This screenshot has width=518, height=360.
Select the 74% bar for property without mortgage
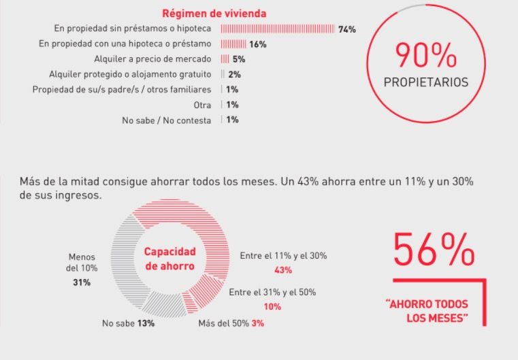pos(277,29)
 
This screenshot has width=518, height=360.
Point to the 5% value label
pos(238,59)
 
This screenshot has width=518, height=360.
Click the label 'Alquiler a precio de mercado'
pos(156,59)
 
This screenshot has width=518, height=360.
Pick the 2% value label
pos(235,74)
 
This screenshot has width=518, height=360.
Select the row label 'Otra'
pos(203,105)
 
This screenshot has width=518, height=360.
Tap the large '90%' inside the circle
pos(426,54)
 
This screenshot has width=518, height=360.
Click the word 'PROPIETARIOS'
pos(426,83)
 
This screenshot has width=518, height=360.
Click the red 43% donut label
pos(284,270)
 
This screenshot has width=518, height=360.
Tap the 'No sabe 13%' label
pos(128,323)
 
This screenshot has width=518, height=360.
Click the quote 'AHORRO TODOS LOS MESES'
pos(426,312)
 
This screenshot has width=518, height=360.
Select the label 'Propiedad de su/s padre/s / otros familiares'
pos(123,90)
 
